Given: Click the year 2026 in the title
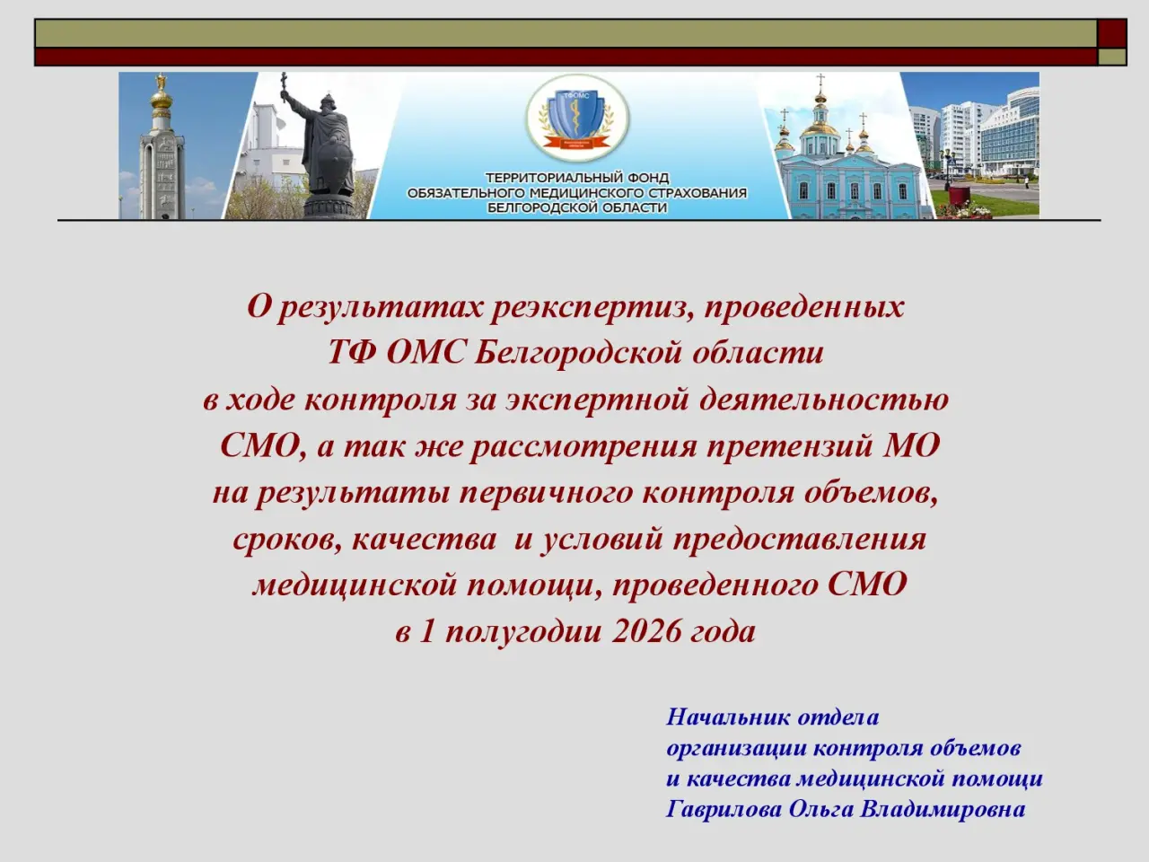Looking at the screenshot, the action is coord(646,631).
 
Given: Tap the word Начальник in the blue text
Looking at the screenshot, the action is coord(728,717).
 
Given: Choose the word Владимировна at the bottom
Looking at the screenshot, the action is coord(943,810).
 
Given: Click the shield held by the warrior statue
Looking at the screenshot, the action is coord(337,162).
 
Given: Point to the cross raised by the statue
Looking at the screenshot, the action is coord(285,84).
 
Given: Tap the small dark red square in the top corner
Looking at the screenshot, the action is coord(1112,33).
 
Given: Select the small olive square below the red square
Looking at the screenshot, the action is coord(1112,57).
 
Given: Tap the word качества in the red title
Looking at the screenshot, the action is coord(424,540).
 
